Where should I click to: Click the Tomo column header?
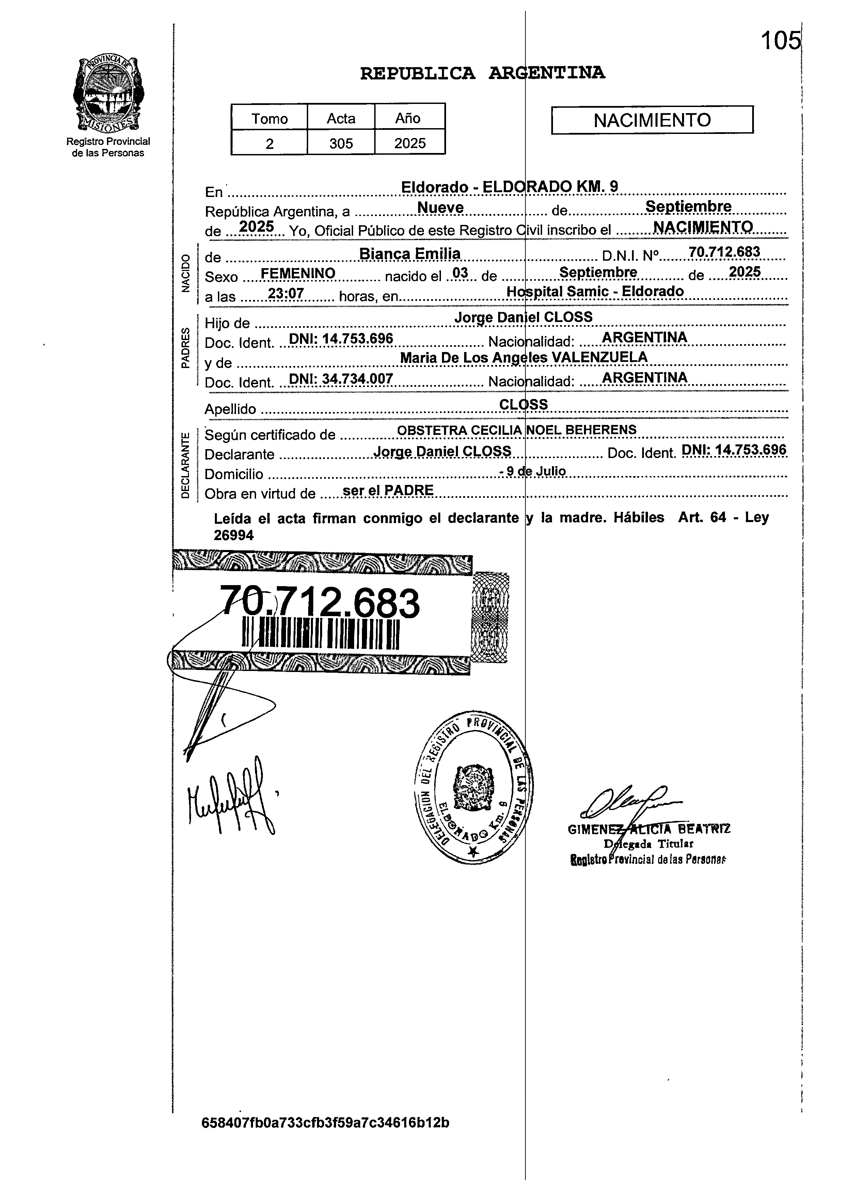pos(269,118)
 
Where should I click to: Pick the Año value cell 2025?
pos(410,143)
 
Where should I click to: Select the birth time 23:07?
pos(286,293)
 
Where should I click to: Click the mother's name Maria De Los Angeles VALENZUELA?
pos(523,357)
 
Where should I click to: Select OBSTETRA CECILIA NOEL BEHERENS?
pos(517,430)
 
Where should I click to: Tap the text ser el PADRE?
pos(388,490)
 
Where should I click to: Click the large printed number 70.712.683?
pos(320,602)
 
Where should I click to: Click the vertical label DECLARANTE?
pos(185,465)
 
